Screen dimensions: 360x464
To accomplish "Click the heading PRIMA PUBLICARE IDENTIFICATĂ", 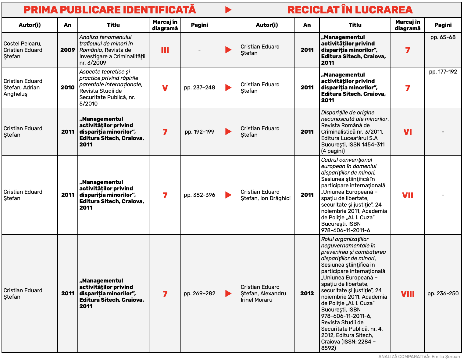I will pos(110,10).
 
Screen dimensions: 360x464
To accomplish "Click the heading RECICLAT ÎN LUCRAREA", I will pos(350,10).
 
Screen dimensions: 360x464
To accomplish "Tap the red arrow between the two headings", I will pos(228,10).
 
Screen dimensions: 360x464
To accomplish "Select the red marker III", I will pos(165,50).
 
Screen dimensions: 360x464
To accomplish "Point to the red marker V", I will pos(165,88).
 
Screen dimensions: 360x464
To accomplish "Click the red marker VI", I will pos(408,132).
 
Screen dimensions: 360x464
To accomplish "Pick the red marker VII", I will pos(408,195).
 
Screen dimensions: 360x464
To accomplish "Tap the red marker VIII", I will pos(408,294).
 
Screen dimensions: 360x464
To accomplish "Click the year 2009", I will pos(68,50).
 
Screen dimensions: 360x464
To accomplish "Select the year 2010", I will pos(68,88).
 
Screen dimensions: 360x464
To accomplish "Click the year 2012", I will pos(307,293).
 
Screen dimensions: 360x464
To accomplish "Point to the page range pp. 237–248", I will pos(199,88).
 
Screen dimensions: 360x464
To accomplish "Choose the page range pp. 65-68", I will pos(443,37).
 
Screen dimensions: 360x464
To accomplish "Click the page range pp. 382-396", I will pos(199,195).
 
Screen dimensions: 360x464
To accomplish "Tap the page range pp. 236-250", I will pos(443,293).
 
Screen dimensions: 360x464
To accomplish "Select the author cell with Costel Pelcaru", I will pos(23,50).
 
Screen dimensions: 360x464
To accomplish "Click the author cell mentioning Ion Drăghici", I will pos(266,195).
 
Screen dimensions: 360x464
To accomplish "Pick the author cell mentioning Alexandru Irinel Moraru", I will pos(263,293).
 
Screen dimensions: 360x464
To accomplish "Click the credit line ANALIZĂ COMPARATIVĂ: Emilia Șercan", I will pos(419,357).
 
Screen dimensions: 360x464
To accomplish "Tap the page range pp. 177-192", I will pos(443,72).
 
